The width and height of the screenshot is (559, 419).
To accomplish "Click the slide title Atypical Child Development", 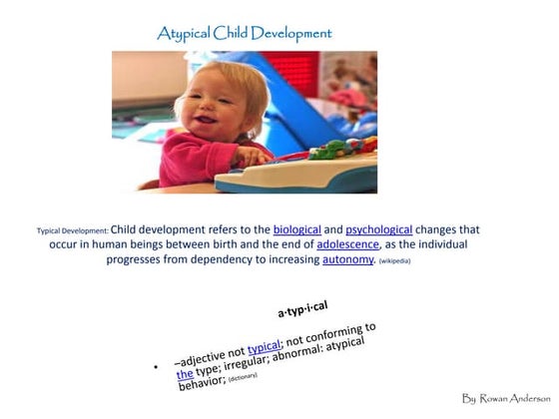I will [245, 34].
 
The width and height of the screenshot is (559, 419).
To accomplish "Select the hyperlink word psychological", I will [379, 228].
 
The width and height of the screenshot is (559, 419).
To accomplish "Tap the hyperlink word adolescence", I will [347, 243].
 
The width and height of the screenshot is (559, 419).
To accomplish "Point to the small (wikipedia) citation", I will [394, 261].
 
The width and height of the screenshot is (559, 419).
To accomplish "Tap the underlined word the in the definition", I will [185, 374].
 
